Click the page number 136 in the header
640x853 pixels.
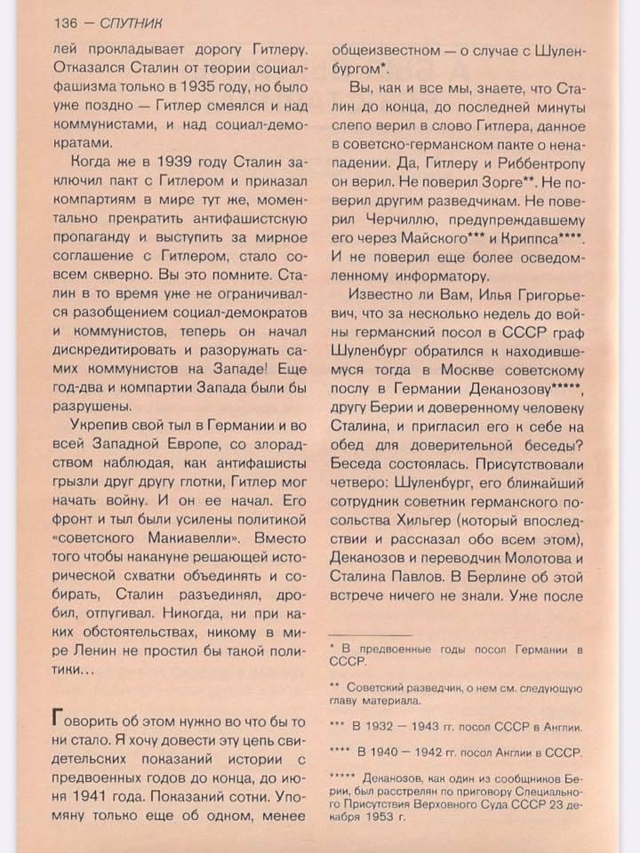pos(67,21)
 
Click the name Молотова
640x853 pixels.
pos(532,558)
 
